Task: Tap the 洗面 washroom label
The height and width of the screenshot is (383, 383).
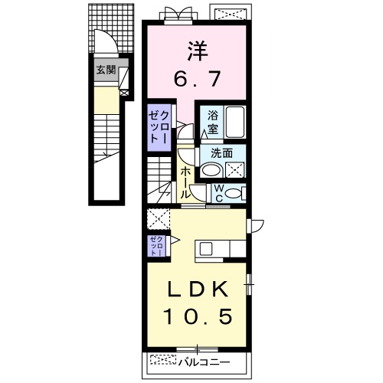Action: [x=223, y=152]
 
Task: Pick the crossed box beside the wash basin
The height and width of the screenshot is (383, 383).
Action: [x=234, y=169]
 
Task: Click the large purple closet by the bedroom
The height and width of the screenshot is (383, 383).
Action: [x=159, y=126]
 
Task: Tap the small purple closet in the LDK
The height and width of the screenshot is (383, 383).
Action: [x=157, y=244]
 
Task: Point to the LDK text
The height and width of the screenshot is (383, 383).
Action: [x=198, y=290]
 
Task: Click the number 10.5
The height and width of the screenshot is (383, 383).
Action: [x=198, y=316]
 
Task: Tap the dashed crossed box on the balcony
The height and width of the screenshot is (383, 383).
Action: [x=162, y=359]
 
